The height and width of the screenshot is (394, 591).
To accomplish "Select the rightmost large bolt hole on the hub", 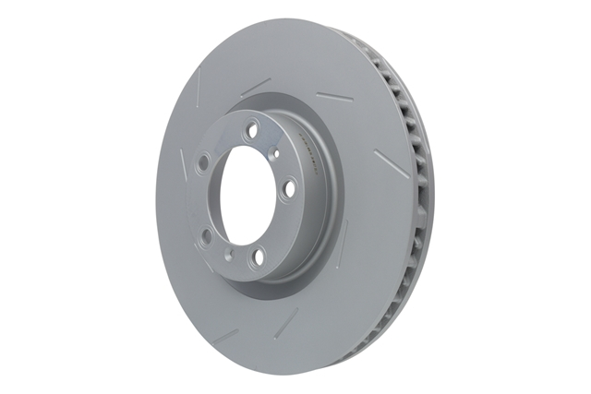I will (289, 189).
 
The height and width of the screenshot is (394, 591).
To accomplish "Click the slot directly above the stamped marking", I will (332, 96).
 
